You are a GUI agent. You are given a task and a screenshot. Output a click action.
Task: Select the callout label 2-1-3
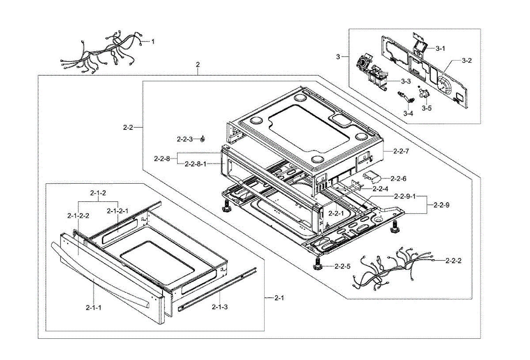[220, 307]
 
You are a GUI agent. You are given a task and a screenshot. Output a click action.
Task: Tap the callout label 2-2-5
[342, 266]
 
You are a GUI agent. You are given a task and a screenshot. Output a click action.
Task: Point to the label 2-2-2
[454, 261]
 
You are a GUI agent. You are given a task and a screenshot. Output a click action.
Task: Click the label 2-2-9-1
[405, 196]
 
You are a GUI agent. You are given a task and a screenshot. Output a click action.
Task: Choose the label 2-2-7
[401, 151]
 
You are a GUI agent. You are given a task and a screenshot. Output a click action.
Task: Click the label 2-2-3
[185, 139]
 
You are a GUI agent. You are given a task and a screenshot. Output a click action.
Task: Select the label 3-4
[408, 113]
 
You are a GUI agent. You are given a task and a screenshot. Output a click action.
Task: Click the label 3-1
[441, 49]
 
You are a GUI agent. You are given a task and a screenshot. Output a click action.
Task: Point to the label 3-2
[466, 61]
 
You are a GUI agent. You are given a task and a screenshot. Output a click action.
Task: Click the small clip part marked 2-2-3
[202, 139]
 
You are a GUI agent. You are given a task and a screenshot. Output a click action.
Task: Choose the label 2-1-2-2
[78, 216]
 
